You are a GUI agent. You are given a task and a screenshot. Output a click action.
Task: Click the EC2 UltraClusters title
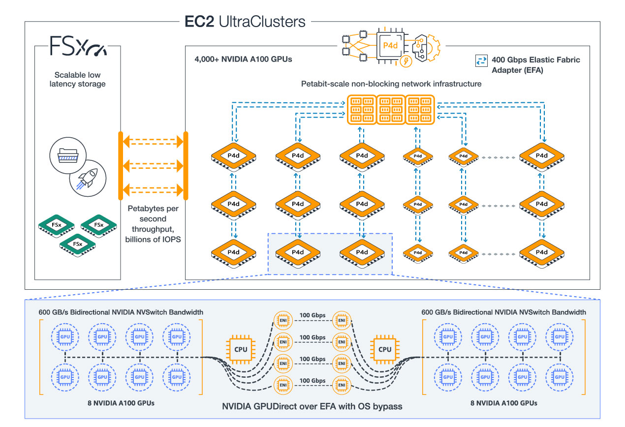[x=245, y=22]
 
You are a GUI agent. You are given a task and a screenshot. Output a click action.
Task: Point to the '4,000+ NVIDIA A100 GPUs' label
[x=244, y=60]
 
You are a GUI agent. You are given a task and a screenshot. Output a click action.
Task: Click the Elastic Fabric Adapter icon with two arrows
[x=480, y=60]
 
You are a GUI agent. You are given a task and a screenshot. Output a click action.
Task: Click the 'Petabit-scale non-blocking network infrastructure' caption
[x=391, y=84]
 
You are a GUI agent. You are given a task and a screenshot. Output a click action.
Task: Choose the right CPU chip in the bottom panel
[x=385, y=349]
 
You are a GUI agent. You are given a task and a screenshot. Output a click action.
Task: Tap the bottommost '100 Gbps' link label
[x=312, y=380]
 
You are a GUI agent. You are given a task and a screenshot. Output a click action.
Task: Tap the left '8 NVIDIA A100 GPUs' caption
[x=120, y=403]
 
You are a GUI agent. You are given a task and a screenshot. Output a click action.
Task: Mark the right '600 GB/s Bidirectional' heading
[x=504, y=312]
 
